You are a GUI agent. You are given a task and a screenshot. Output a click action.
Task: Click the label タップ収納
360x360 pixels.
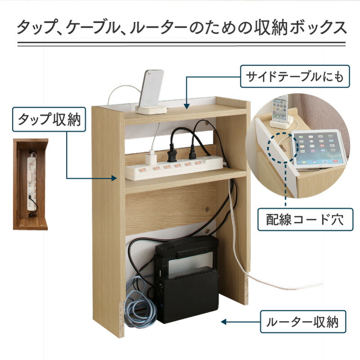click(49, 119)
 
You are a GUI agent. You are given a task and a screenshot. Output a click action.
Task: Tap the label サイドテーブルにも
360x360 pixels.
click(295, 76)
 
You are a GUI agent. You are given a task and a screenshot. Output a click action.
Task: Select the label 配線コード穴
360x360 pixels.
click(305, 220)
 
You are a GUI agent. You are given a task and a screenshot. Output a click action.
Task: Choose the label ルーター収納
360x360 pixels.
click(303, 322)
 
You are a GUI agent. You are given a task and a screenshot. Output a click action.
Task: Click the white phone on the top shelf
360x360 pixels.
click(151, 88)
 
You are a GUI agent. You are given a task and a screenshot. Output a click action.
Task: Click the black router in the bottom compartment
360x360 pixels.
click(186, 279)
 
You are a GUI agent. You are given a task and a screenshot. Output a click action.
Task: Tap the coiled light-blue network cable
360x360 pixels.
click(140, 303)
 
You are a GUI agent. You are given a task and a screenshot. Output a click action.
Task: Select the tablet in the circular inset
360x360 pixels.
click(318, 149)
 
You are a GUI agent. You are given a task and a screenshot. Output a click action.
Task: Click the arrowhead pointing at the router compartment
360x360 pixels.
click(224, 322)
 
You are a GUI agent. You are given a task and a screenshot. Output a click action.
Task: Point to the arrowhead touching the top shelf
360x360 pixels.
click(187, 106)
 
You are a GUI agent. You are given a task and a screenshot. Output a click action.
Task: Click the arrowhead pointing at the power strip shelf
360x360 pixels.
click(114, 178)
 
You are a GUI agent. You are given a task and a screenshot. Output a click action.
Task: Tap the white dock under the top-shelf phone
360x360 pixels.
click(151, 109)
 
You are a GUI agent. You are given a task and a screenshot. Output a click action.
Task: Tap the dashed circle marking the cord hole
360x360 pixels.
click(283, 148)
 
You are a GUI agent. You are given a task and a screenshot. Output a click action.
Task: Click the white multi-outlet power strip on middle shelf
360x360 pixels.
click(174, 167)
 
